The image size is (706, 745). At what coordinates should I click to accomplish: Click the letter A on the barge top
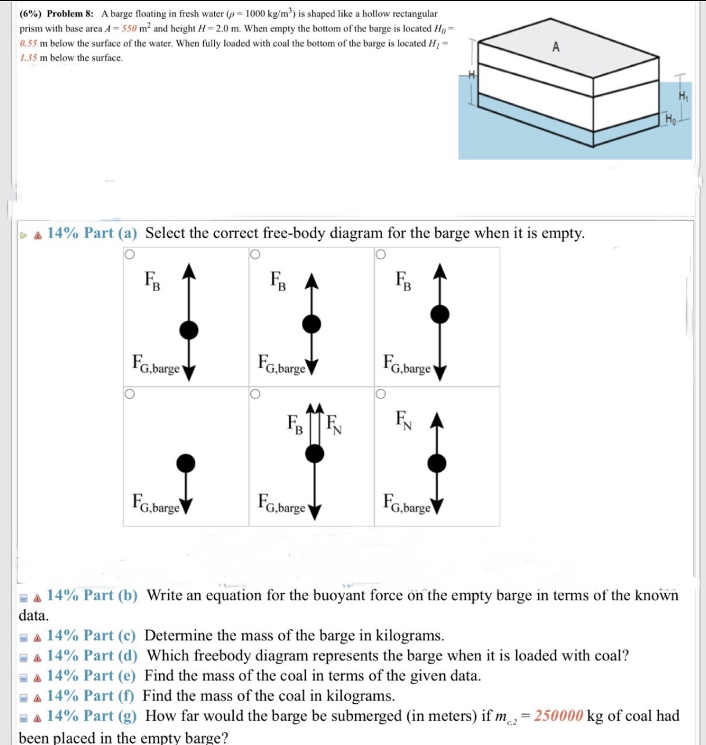pos(556,47)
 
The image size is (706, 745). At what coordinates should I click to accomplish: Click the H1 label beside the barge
pos(682,96)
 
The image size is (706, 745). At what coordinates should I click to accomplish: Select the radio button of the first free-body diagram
pos(129,254)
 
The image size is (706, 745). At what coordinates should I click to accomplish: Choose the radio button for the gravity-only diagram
pos(129,394)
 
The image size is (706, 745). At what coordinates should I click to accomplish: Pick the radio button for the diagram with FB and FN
pos(255,394)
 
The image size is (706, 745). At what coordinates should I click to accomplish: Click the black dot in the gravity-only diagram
pos(186,463)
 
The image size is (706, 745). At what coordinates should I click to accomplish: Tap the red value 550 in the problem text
pos(129,29)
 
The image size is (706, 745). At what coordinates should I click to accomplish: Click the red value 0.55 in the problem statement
pos(28,43)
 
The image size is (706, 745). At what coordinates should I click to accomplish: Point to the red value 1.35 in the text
pos(28,58)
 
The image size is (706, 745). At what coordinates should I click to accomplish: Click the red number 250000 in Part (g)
pos(558,716)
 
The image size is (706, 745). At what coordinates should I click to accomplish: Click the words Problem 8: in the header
pos(70,14)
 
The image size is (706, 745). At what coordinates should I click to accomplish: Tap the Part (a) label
pos(92,233)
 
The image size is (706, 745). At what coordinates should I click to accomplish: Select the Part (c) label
pos(91,636)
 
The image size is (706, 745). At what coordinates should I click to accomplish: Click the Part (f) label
pos(90,696)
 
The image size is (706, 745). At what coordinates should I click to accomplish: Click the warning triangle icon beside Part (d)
pos(37,656)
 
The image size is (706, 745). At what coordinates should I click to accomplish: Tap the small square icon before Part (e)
pos(24,677)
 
